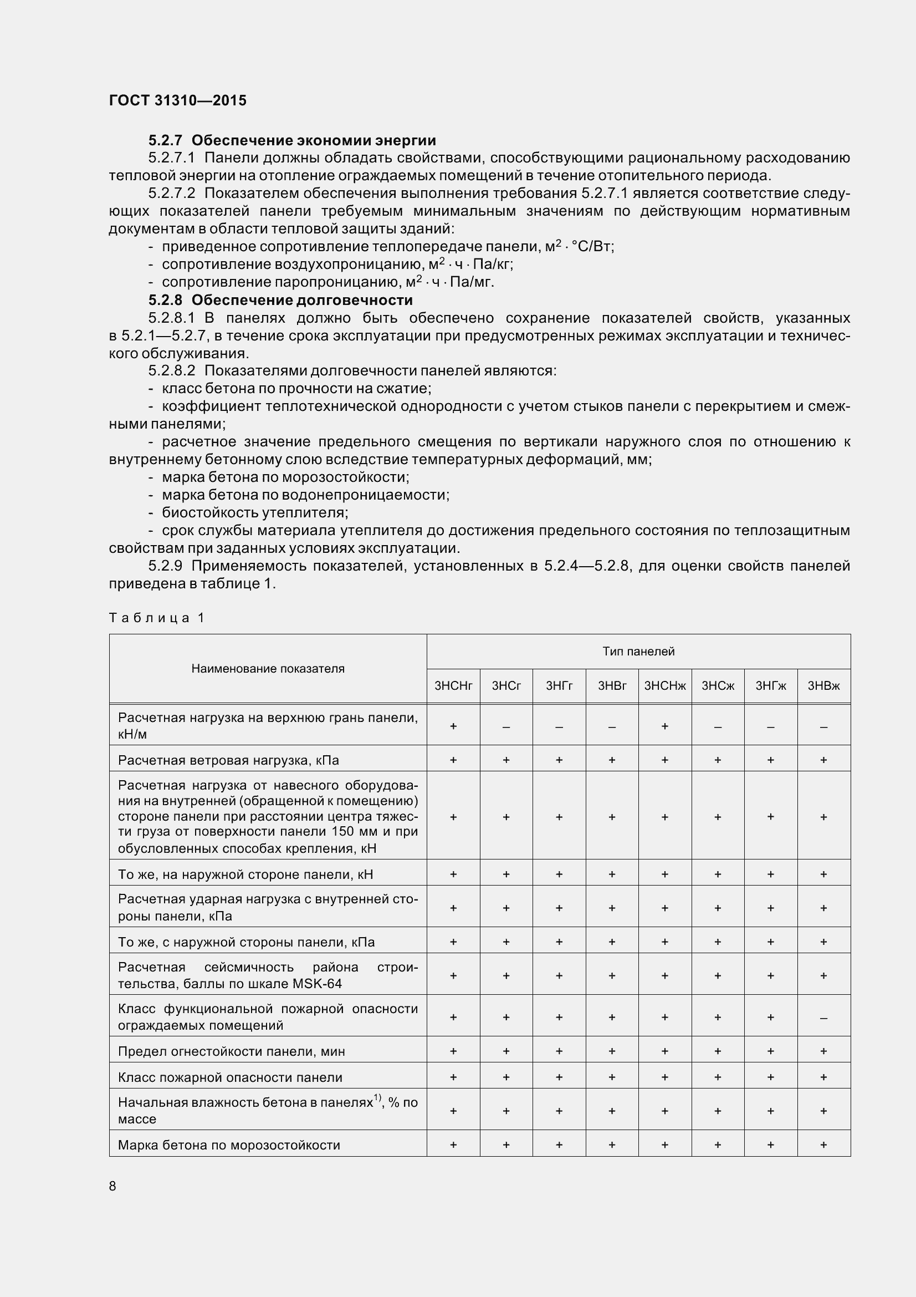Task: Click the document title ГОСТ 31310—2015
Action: point(178,100)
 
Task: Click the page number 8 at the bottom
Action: point(112,1186)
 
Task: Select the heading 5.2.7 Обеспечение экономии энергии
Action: point(292,140)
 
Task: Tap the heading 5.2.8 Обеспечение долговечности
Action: point(280,300)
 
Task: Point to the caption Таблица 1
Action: point(156,617)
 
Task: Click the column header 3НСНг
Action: point(453,686)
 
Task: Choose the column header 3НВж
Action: point(823,686)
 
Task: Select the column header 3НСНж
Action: point(665,686)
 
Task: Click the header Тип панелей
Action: point(638,652)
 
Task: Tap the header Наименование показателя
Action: point(268,669)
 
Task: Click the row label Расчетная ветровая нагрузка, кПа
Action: point(228,760)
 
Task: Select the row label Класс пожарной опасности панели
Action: point(231,1077)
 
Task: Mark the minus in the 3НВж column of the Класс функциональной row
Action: point(823,1018)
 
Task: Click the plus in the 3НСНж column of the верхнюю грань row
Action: point(665,726)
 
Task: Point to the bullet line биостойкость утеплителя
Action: point(254,512)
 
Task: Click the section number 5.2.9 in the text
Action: point(165,566)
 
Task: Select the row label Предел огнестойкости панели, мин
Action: point(232,1051)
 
